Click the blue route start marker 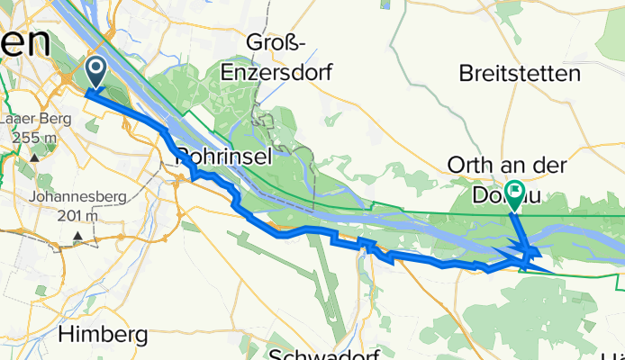95,70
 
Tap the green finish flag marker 515,191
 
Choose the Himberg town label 104,335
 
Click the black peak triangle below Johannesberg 77,238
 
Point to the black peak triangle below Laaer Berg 33,157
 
